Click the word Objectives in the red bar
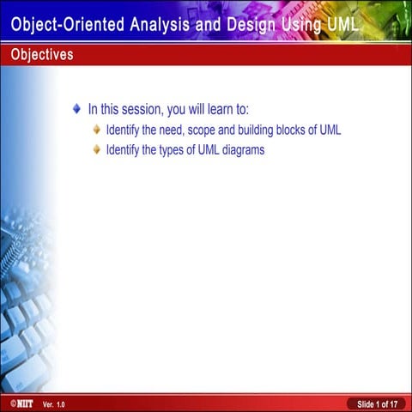(42, 55)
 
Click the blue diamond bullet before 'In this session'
(77, 110)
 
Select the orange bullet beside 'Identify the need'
(97, 130)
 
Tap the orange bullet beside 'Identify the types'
(97, 149)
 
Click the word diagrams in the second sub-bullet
(241, 149)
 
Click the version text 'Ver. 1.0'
(53, 403)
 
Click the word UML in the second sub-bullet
(203, 149)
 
